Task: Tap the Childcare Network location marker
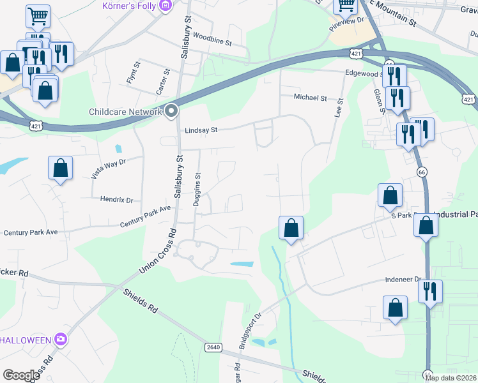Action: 171,111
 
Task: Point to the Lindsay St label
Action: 201,130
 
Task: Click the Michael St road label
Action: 310,98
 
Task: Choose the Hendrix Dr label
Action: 116,200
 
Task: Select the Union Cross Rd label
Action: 158,249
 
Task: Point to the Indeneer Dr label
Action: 402,280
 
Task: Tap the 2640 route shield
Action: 213,347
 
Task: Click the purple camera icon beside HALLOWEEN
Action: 61,339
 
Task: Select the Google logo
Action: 21,375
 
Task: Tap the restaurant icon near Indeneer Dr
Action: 429,290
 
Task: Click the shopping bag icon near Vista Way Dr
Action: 59,169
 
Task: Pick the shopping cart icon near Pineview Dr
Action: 346,6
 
